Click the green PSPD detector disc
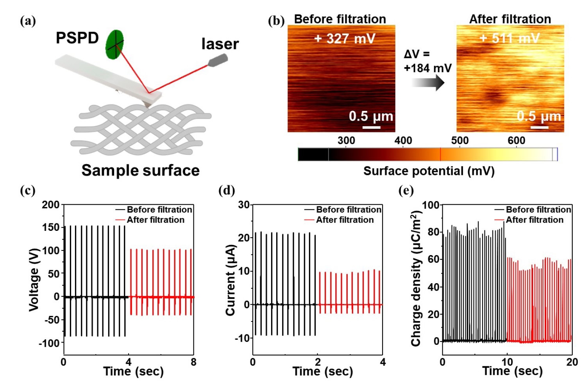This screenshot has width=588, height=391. coord(114,44)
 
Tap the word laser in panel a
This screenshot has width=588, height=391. coord(220,44)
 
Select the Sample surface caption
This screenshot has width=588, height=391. coord(140,170)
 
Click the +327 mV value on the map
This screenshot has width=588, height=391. coord(345,38)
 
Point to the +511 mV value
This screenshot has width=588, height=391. coord(509,38)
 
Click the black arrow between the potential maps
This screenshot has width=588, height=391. coord(428,83)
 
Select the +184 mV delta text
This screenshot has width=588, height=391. coord(427,68)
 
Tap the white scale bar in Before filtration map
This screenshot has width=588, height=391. coord(371,127)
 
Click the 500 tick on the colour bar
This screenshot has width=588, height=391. coord(460,141)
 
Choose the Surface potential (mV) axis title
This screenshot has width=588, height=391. coord(429,171)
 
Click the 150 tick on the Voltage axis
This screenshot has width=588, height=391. coord(51,227)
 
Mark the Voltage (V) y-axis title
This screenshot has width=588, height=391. coord(34,280)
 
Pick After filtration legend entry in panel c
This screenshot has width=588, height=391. coord(155,220)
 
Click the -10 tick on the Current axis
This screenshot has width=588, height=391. coord(243,338)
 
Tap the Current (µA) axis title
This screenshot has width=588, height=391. coord(230,280)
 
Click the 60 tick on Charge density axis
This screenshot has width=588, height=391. coord(433,259)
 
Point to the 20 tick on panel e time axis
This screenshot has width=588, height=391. coord(572,362)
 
